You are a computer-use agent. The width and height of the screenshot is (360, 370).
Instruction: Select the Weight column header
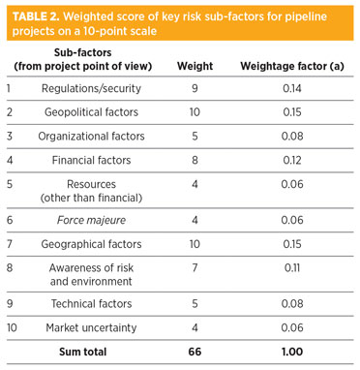(x=195, y=66)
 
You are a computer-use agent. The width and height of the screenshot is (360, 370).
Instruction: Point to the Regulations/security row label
(x=90, y=88)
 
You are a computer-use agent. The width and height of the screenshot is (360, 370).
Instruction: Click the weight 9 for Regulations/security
(x=195, y=88)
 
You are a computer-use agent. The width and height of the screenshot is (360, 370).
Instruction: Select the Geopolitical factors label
(x=90, y=112)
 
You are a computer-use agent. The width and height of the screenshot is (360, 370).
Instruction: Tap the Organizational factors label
(x=90, y=136)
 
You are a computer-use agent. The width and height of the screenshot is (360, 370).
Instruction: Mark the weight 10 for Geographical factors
(x=195, y=243)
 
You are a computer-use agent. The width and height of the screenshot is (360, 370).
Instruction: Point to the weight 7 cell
(x=195, y=267)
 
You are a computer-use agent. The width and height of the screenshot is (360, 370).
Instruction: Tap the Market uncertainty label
(x=90, y=327)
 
